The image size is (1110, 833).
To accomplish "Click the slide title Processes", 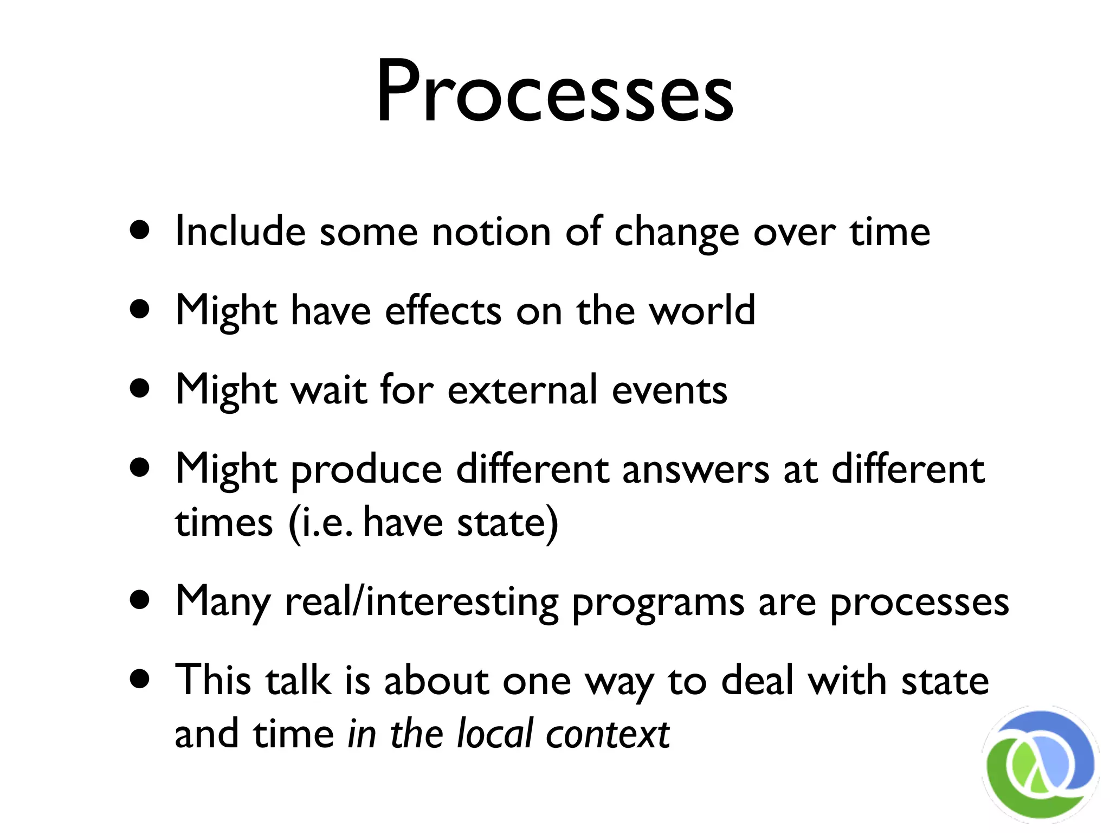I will (555, 92).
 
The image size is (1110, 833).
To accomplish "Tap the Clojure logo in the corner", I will (1040, 764).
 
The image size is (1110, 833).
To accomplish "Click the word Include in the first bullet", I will (240, 232).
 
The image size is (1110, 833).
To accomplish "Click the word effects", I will (443, 311).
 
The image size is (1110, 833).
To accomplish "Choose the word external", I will (522, 389).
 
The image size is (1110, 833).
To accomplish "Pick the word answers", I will (695, 470).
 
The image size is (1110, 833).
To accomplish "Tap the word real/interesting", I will (421, 602).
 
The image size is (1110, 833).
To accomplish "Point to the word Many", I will (222, 602).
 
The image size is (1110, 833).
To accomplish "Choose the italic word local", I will (495, 733).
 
